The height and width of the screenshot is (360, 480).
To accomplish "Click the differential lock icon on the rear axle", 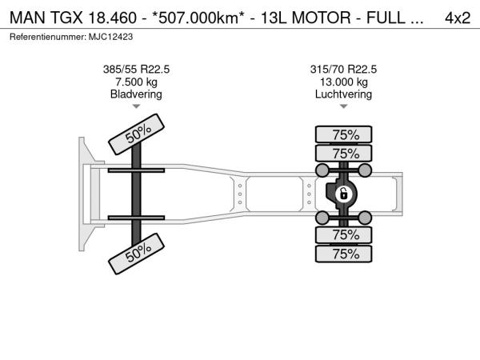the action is [x=344, y=194].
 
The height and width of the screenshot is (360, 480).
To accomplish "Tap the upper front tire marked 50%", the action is [x=137, y=134].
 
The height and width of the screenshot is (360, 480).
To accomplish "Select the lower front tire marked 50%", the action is [x=137, y=254].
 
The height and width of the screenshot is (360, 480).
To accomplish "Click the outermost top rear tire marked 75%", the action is [x=344, y=134].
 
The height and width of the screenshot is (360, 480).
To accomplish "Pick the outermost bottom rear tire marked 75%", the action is [x=344, y=254].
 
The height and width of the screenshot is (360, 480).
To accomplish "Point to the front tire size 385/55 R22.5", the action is [x=136, y=70].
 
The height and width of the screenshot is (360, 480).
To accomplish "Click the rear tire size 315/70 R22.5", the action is [x=343, y=70].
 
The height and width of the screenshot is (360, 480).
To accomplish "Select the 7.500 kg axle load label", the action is [x=136, y=82].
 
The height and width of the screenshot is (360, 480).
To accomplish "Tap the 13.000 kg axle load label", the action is [x=344, y=82].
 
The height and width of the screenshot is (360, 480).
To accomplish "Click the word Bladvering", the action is [x=136, y=94].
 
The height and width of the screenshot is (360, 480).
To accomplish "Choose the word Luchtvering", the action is [x=343, y=94].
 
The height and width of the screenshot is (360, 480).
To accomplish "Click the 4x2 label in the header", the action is [x=458, y=18].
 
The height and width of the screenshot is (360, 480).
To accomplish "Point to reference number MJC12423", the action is [x=111, y=37].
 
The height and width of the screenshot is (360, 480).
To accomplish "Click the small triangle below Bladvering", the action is [x=136, y=106].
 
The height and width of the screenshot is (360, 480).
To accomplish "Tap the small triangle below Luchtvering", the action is [x=344, y=106].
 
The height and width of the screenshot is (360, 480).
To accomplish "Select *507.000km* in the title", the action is [x=198, y=18].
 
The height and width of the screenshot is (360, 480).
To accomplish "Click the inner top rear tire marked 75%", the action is [x=344, y=153].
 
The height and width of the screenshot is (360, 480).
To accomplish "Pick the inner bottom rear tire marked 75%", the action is [x=344, y=234].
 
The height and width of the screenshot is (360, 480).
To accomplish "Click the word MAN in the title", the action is [x=27, y=18].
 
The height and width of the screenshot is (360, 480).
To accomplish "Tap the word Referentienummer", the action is [x=48, y=37].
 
